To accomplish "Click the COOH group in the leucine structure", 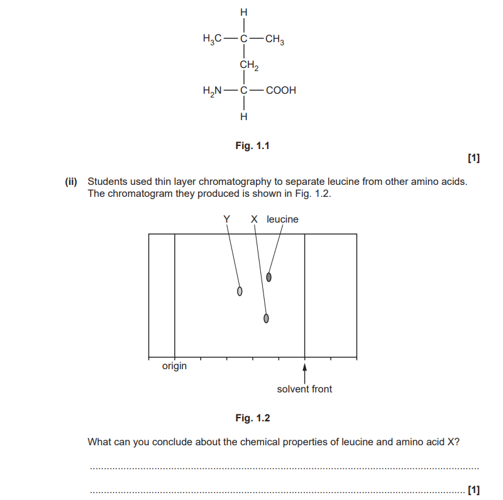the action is pyautogui.click(x=280, y=90).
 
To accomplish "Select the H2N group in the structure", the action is pyautogui.click(x=212, y=91).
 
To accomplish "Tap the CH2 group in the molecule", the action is pyautogui.click(x=249, y=65).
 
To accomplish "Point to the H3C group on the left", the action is pyautogui.click(x=212, y=39).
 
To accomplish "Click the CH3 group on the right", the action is pyautogui.click(x=275, y=39).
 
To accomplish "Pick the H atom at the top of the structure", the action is pyautogui.click(x=244, y=12).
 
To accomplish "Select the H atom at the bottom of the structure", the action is pyautogui.click(x=244, y=116).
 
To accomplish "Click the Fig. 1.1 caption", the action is pyautogui.click(x=253, y=146).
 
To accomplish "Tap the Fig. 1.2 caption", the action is pyautogui.click(x=253, y=418).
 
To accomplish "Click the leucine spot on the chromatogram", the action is pyautogui.click(x=269, y=277).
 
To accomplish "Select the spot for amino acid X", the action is pyautogui.click(x=266, y=318).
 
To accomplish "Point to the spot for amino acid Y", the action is pyautogui.click(x=240, y=291).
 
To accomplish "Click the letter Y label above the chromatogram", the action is pyautogui.click(x=227, y=219).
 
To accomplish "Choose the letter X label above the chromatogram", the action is pyautogui.click(x=254, y=219).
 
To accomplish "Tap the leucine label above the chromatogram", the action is pyautogui.click(x=282, y=219).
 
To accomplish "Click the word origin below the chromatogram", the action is pyautogui.click(x=174, y=366).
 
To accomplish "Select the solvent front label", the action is pyautogui.click(x=304, y=389).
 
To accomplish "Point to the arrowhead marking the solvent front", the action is pyautogui.click(x=305, y=367).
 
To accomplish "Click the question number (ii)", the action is pyautogui.click(x=71, y=182).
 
